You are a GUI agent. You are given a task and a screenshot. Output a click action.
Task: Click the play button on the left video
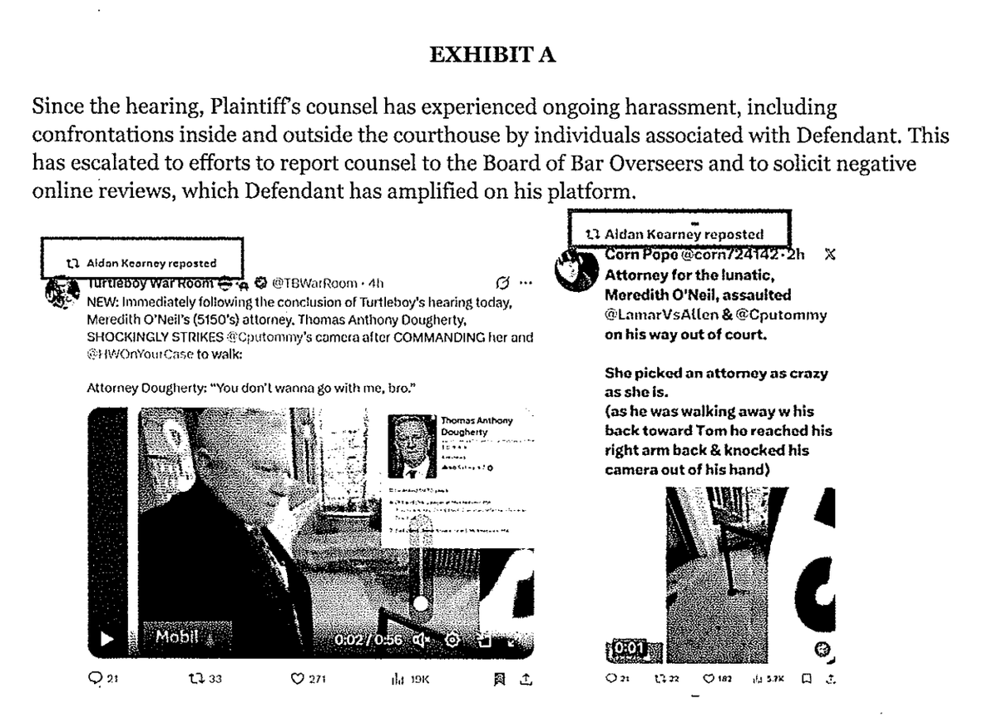(x=106, y=640)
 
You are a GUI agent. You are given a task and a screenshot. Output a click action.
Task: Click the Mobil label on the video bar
(x=177, y=638)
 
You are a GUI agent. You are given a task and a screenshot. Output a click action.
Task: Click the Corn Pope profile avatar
(x=575, y=270)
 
